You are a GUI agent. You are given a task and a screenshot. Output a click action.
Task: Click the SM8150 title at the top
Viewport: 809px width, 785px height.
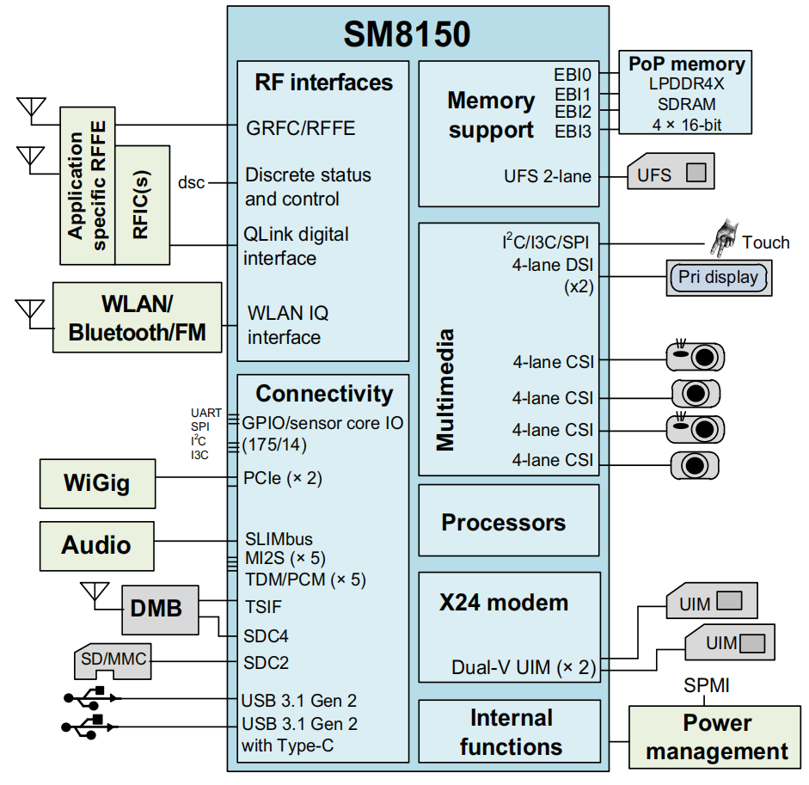point(407,34)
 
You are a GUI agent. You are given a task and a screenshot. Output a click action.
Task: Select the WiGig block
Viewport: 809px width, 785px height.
point(97,482)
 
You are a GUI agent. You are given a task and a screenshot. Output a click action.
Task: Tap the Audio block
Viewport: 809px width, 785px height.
point(96,545)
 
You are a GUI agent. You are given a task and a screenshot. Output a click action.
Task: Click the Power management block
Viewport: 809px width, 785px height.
point(716,737)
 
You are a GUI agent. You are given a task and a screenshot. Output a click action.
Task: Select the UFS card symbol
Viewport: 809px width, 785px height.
point(671,175)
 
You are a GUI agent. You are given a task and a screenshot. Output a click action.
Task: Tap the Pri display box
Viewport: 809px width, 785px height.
point(718,278)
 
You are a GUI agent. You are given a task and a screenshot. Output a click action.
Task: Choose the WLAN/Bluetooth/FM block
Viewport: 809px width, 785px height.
point(137,317)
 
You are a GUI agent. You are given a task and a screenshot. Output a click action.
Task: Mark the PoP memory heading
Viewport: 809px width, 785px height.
point(686,64)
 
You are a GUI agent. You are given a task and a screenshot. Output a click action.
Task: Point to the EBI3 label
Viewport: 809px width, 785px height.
point(573,132)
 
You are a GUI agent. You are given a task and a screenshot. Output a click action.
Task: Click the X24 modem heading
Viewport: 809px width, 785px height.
point(504,603)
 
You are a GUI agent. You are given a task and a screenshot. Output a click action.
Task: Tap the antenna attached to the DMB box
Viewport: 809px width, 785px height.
point(93,592)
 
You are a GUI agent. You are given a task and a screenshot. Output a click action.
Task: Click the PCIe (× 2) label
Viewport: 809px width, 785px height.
point(282,478)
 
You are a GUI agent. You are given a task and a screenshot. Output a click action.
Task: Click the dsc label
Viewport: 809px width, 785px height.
point(191,182)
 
